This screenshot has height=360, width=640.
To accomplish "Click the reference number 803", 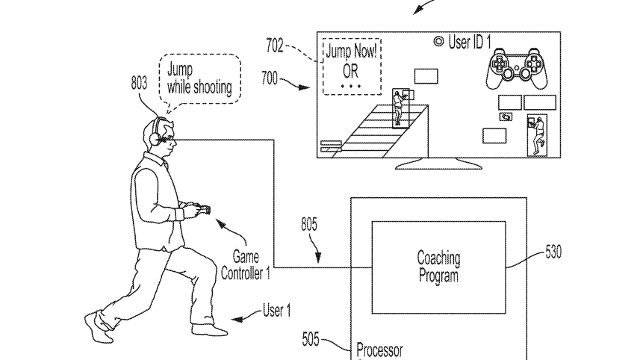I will coord(139,84).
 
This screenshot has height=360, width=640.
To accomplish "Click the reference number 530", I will coord(553,252).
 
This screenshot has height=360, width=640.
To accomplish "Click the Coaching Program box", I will coord(438,267).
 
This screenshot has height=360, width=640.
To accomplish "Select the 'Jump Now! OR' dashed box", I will coord(349,65).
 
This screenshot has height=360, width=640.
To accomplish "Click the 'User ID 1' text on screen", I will coord(469,42).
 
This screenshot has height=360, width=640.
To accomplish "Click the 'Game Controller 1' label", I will coord(245,266).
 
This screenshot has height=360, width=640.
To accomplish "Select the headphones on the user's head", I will coord(156,132).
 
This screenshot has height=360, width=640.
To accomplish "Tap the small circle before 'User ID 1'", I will coord(438,42).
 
